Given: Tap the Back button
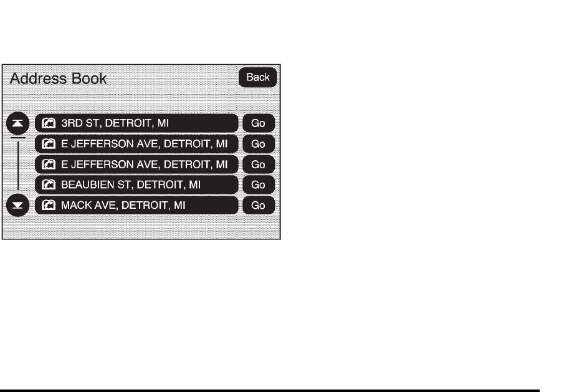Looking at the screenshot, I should point(258,77).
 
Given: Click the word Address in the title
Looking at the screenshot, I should point(37,79).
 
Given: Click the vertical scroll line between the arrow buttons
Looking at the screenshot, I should point(18,165).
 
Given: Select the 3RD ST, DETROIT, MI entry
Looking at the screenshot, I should point(136,123).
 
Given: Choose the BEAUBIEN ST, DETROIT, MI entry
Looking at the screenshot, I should point(136,185).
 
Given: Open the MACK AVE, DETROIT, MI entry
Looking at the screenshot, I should point(136,206).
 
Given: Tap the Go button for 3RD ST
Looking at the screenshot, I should point(258,123).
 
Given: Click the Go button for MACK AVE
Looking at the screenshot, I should point(258,206).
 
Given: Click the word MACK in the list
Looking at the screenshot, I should point(74,206).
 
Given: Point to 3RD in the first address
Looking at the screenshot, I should point(71,123).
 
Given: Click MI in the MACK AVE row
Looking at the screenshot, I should point(179,206).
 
